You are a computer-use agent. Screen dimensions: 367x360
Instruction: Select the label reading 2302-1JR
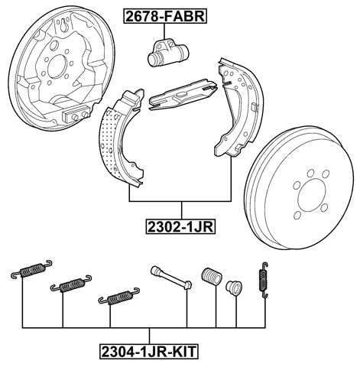pos(182,226)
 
